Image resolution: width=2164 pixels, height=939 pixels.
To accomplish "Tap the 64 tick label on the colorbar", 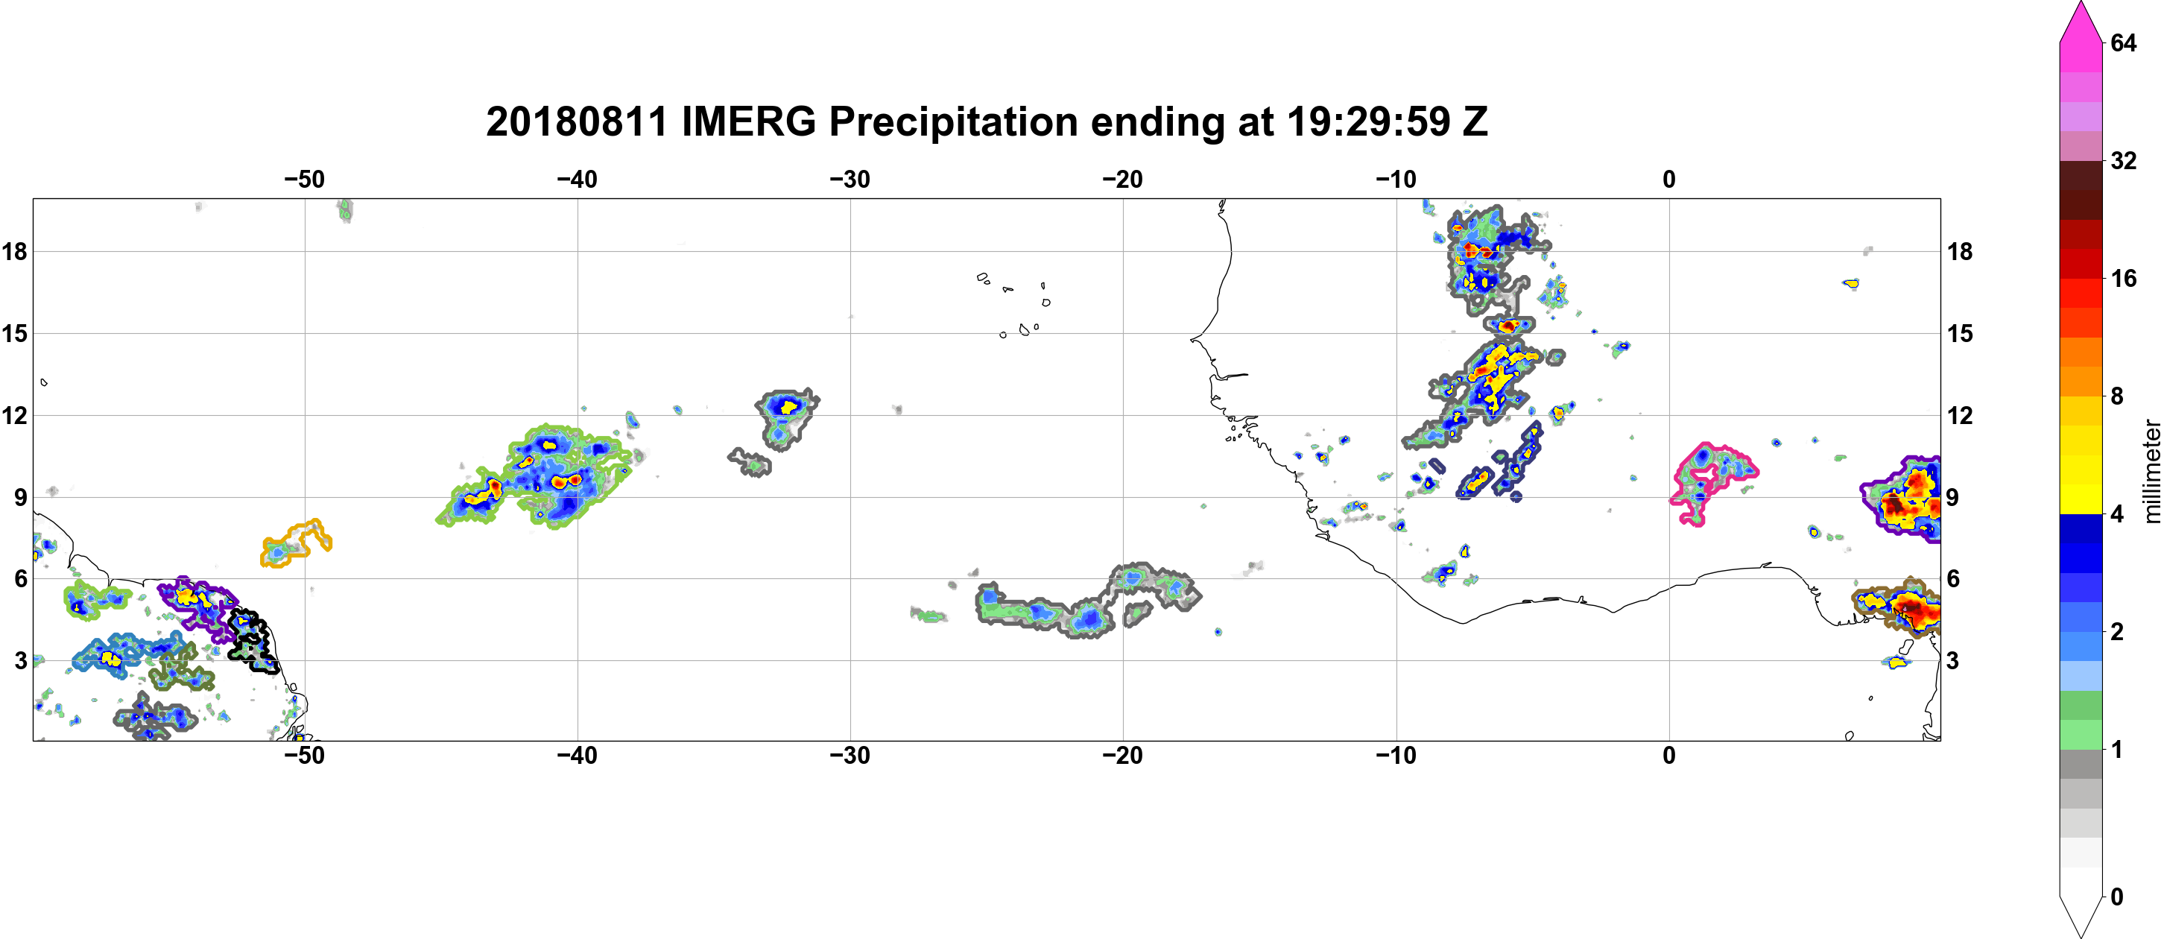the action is pos(2123,42).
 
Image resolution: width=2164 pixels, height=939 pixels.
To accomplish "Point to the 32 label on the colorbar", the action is pos(2123,160).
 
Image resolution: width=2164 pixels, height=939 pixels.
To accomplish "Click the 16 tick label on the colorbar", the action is pos(2123,279).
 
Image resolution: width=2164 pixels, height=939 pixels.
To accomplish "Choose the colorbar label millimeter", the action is pos(2151,471).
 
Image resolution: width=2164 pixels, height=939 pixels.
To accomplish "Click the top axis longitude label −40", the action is pos(577,180).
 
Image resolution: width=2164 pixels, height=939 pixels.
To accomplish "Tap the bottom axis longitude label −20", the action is pos(1123,756).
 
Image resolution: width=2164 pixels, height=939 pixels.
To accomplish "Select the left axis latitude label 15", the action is pos(14,333).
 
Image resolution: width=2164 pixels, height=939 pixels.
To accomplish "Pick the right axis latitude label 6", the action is pos(1953,579).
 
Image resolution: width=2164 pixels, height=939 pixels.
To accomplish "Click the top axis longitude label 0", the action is pos(1669,180).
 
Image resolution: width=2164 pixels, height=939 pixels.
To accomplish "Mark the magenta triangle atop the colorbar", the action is pos(2081,21).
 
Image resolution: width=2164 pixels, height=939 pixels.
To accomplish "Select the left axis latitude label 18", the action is pos(14,251).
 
